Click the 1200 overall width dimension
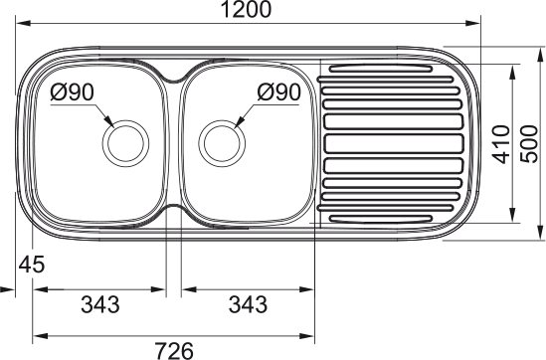click(x=246, y=9)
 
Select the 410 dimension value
click(x=501, y=144)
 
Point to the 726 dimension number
click(x=174, y=351)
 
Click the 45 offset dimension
click(x=32, y=265)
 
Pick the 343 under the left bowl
click(x=100, y=304)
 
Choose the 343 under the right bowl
click(x=248, y=304)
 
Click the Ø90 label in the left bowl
click(x=72, y=92)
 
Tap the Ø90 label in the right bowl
click(x=278, y=92)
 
